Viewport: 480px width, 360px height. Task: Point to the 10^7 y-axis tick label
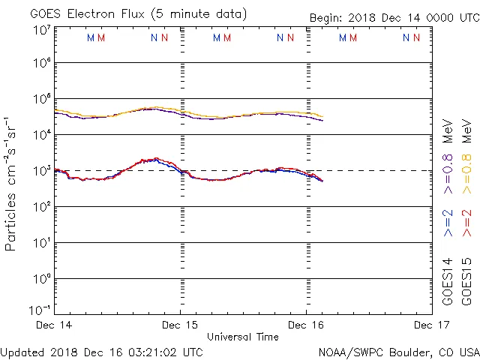point(41,30)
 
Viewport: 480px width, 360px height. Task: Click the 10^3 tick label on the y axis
point(41,171)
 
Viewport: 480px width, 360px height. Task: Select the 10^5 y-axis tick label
point(41,99)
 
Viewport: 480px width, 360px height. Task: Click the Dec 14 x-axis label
point(55,325)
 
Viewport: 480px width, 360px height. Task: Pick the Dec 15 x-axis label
point(180,325)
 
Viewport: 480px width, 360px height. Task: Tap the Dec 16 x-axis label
point(306,325)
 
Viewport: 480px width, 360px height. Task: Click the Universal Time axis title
point(242,337)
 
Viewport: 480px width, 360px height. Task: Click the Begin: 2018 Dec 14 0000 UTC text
point(394,17)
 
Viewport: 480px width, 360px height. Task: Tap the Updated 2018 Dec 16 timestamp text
point(102,351)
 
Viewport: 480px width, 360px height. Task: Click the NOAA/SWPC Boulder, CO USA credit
point(398,351)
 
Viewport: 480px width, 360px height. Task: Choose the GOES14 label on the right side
point(448,280)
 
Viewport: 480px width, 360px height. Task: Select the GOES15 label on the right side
point(466,280)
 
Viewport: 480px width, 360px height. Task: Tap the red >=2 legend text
point(466,223)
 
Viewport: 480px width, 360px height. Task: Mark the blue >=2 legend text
point(448,223)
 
